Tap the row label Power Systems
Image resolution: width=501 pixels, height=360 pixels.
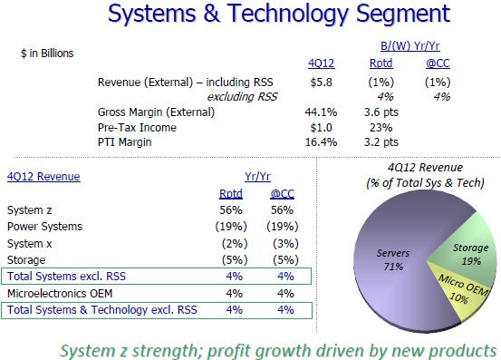point(44,227)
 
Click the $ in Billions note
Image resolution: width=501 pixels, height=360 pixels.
point(46,54)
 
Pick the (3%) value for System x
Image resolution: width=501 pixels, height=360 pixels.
point(283,244)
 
